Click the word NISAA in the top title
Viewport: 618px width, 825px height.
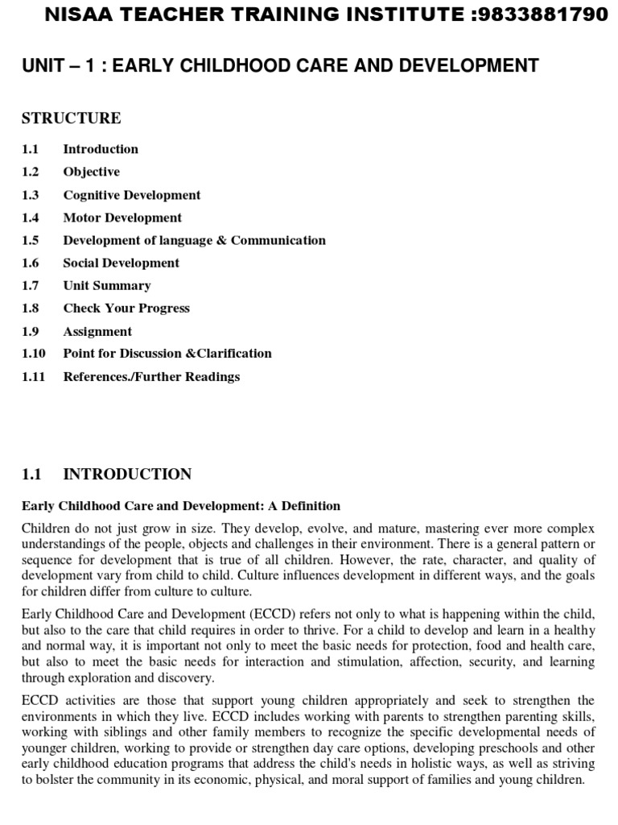[x=74, y=15]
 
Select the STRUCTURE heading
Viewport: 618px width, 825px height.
[x=72, y=118]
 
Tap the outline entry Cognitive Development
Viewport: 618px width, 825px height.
[x=132, y=195]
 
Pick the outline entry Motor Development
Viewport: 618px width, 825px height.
[x=122, y=218]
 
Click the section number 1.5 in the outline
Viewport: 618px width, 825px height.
[x=31, y=240]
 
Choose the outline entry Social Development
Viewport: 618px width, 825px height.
[x=122, y=263]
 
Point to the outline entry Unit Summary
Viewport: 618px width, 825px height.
[x=107, y=285]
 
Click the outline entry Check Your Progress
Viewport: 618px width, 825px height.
[x=126, y=308]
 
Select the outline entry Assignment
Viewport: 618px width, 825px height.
[x=97, y=331]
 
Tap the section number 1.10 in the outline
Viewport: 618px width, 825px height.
[x=34, y=353]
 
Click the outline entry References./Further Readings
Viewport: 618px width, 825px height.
[x=151, y=376]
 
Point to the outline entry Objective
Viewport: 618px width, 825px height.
[x=92, y=172]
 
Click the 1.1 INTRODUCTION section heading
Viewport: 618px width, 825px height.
[x=107, y=475]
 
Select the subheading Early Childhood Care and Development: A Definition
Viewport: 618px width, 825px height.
[x=181, y=506]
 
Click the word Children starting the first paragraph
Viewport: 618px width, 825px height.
[x=47, y=529]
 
